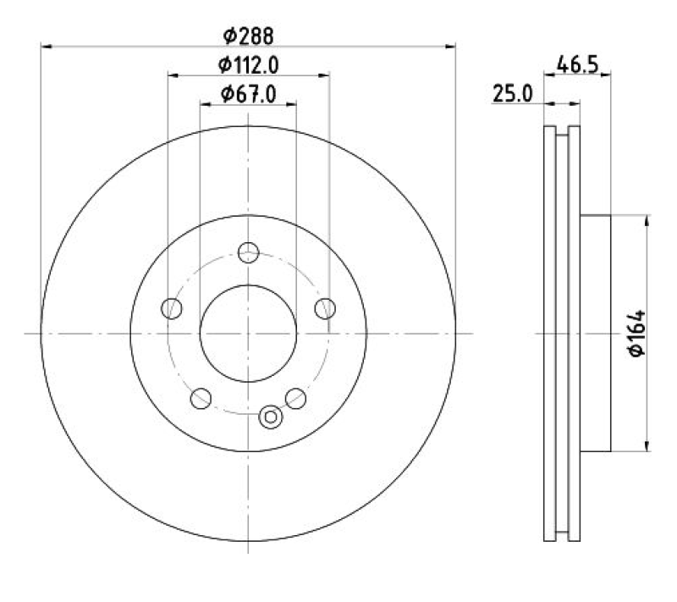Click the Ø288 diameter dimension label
[x=248, y=36]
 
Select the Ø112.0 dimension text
[x=248, y=65]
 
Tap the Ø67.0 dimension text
[x=248, y=94]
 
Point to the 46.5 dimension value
[x=577, y=65]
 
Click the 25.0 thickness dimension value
[x=513, y=94]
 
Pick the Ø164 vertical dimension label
[x=637, y=333]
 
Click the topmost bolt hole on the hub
[x=248, y=252]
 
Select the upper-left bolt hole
[x=172, y=308]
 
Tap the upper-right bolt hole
[x=325, y=308]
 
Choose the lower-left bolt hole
[x=201, y=398]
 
